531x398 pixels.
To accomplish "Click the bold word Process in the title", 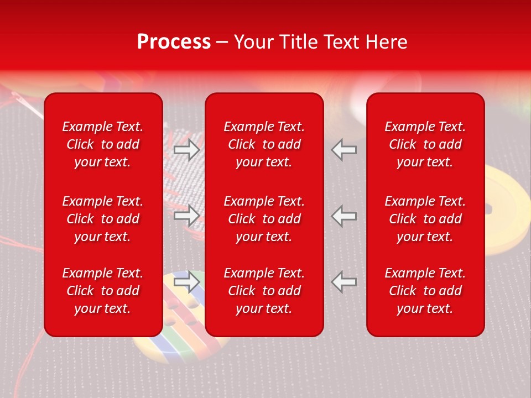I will click(x=174, y=42).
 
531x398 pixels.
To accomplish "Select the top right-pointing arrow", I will click(x=187, y=149).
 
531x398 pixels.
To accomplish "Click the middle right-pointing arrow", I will click(x=187, y=216).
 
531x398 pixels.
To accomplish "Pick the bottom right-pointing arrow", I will click(x=187, y=281).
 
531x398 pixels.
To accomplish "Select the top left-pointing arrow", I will click(x=344, y=149).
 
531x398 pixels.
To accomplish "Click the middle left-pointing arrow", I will click(x=344, y=216).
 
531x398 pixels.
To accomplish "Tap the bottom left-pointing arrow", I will click(x=344, y=281).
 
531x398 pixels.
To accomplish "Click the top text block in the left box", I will click(x=103, y=144).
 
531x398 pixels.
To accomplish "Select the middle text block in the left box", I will click(x=103, y=219).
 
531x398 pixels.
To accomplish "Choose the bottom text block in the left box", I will click(x=103, y=291).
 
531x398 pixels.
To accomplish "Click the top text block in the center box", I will click(x=264, y=144).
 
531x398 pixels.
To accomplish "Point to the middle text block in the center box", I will click(x=264, y=219).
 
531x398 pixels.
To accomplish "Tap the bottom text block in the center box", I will click(x=264, y=291).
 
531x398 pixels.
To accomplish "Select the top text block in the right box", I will click(x=425, y=144).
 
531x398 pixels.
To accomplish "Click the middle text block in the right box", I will click(x=425, y=219).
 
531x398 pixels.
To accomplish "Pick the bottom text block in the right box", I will click(x=425, y=291).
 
